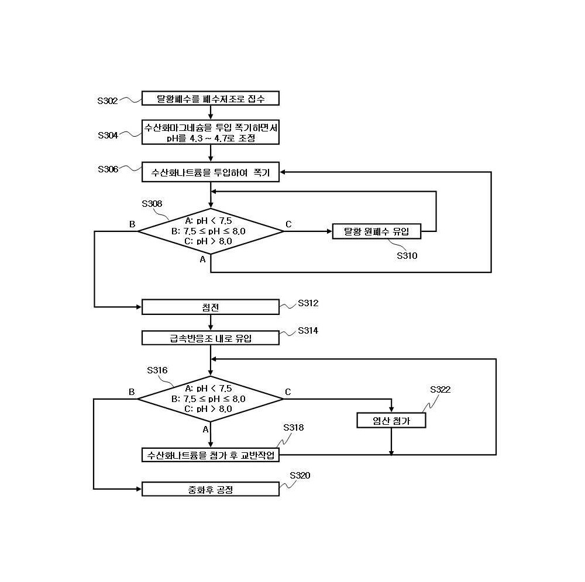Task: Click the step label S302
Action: [x=108, y=101]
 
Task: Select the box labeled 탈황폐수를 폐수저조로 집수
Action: [x=211, y=98]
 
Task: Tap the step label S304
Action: [x=108, y=135]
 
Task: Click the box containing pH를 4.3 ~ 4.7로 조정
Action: [x=211, y=132]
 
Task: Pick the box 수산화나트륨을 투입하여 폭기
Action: [x=211, y=172]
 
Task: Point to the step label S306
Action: [x=108, y=169]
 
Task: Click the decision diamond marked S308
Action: [x=211, y=231]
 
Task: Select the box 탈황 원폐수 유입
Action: [x=376, y=231]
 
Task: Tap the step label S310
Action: [x=407, y=255]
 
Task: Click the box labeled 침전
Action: [x=211, y=307]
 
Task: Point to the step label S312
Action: [x=308, y=303]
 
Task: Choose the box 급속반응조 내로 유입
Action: [x=211, y=338]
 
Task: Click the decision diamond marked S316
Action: [x=211, y=399]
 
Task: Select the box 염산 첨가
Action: [x=391, y=420]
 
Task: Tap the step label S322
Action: [x=441, y=390]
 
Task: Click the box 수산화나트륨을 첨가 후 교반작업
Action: [x=211, y=455]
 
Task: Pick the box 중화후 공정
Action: [x=211, y=489]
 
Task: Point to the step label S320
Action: [x=300, y=476]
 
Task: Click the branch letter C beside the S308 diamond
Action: [x=288, y=224]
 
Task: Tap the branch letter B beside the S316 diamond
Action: [x=132, y=392]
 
